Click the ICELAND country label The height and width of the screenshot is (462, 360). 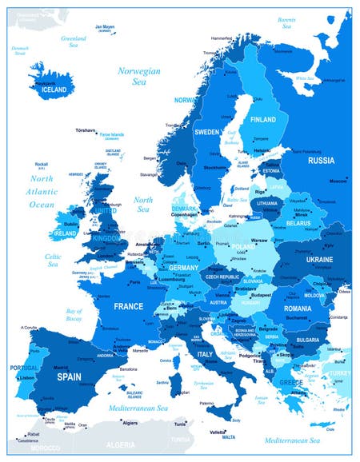(55, 90)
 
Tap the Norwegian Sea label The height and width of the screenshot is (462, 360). (139, 76)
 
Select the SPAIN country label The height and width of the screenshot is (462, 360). (69, 376)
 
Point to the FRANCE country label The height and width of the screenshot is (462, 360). (128, 306)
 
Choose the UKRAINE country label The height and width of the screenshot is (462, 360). (320, 261)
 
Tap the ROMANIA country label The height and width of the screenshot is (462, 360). (297, 309)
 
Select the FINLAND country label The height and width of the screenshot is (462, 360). (263, 119)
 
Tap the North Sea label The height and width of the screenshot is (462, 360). (143, 205)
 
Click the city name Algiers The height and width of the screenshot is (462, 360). (130, 424)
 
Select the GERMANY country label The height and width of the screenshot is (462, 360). (183, 267)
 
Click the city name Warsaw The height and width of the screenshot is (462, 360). (259, 239)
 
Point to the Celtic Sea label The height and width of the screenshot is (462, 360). (53, 261)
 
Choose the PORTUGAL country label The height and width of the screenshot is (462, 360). (25, 368)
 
